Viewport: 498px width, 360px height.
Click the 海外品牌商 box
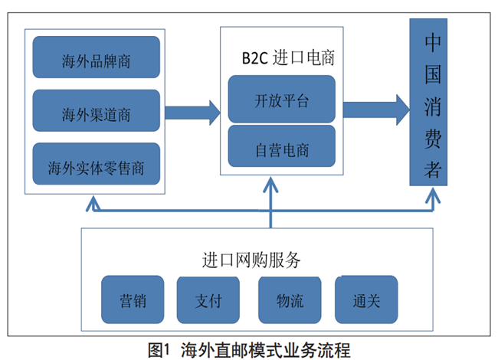97,60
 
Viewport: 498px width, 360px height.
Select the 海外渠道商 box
97,113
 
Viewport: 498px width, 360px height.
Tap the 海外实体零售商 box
97,165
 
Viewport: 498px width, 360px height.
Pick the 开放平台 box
282,99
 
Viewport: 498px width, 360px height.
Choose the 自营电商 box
282,149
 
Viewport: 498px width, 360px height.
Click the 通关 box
367,299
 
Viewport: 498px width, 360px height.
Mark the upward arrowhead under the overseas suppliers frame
93,202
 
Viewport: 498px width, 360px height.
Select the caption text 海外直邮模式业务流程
266,350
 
